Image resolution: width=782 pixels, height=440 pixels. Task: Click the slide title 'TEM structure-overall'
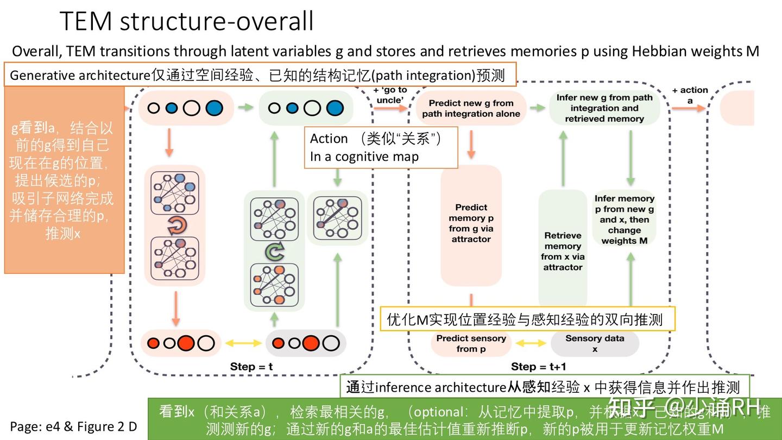pos(186,21)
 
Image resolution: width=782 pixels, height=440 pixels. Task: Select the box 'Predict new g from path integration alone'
pos(471,108)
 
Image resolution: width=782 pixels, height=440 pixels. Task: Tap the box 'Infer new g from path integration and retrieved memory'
pos(604,108)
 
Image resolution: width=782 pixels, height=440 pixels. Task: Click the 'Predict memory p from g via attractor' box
pos(471,223)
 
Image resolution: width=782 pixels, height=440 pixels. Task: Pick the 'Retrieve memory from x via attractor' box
pos(563,251)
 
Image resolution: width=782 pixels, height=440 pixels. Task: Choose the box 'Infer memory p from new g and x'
pos(624,219)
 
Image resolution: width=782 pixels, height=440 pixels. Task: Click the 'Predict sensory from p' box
pos(471,343)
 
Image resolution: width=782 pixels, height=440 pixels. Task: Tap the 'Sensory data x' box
pos(595,343)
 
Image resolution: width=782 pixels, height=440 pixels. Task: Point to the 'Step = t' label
pos(251,367)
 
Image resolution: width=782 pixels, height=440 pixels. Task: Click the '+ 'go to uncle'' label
pos(390,95)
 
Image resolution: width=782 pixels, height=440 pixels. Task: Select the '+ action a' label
pos(690,95)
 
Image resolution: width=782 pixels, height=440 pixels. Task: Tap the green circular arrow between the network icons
pos(274,252)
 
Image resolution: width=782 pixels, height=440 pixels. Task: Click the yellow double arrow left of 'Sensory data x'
pos(530,343)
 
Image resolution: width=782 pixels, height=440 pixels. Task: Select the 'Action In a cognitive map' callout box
pos(381,147)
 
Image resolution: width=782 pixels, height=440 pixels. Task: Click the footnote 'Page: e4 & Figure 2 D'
pos(73,426)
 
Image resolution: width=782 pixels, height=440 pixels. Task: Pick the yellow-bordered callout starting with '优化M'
pos(527,319)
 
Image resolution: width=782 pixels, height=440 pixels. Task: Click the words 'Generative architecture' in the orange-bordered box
pos(79,75)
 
